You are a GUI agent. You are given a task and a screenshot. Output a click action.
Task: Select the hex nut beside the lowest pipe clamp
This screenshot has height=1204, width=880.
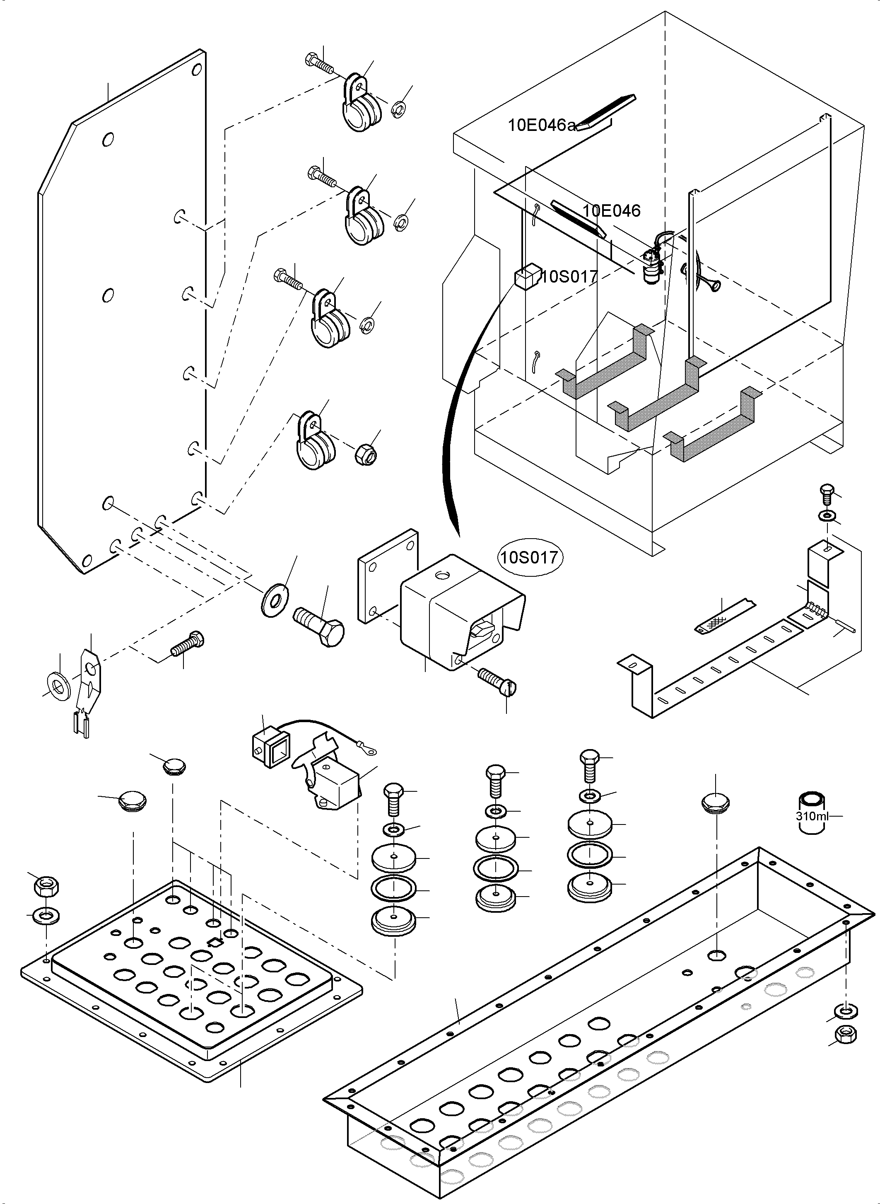[x=366, y=454]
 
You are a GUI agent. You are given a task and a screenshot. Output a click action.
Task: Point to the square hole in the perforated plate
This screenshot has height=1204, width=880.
[x=215, y=942]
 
